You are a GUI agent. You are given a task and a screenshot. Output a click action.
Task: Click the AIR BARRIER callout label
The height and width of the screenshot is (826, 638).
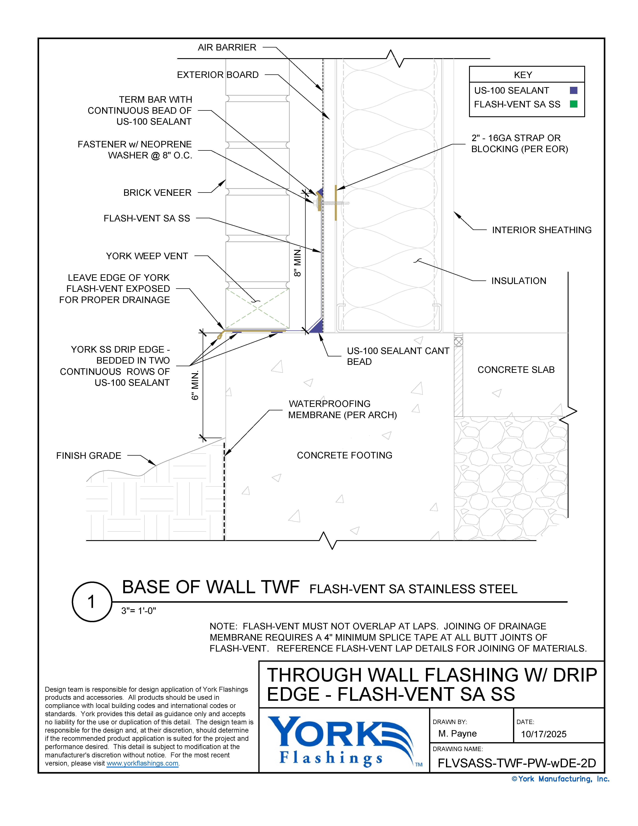(x=227, y=48)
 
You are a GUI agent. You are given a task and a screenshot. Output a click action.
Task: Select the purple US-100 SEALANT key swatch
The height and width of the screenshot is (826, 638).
(x=573, y=90)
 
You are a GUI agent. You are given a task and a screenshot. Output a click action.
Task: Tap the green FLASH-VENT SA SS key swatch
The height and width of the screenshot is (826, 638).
(x=573, y=104)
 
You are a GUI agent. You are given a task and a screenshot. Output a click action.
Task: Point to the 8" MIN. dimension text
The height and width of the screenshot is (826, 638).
(x=298, y=262)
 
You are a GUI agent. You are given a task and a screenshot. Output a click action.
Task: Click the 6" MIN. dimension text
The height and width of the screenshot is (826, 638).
(x=195, y=385)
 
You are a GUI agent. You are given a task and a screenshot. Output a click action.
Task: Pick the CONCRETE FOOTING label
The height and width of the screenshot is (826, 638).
(x=344, y=455)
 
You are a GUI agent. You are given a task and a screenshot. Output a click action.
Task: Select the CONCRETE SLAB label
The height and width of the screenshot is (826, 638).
(x=516, y=370)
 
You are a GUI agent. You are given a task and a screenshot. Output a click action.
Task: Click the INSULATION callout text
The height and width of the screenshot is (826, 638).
(x=519, y=281)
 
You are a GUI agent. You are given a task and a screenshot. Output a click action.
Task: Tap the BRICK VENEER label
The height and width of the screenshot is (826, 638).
(x=157, y=193)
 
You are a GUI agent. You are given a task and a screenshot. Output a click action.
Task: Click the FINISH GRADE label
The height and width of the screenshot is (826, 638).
(x=88, y=456)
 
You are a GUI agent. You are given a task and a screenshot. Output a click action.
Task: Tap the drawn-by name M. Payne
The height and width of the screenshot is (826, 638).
(x=457, y=734)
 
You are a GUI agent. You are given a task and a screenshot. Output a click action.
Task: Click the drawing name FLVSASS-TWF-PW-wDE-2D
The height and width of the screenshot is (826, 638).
(x=517, y=763)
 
